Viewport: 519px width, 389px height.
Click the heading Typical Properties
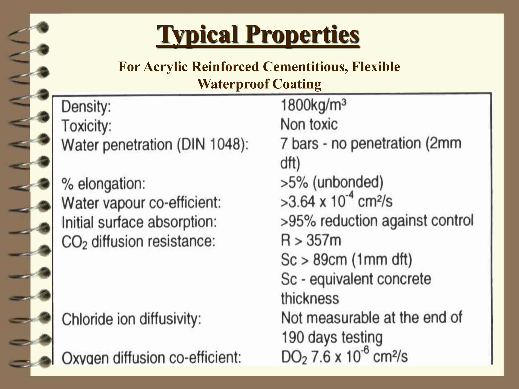click(x=258, y=34)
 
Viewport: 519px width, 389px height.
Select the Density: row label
click(x=86, y=106)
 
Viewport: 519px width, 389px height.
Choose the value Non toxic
click(x=309, y=125)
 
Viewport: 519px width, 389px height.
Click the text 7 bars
click(x=299, y=144)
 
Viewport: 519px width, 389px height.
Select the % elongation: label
click(x=104, y=184)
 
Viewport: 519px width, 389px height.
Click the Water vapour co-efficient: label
click(x=141, y=203)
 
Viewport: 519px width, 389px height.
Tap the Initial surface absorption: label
click(x=139, y=222)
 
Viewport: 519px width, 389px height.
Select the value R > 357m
click(x=311, y=240)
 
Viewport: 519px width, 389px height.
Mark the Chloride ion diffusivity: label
click(x=132, y=319)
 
